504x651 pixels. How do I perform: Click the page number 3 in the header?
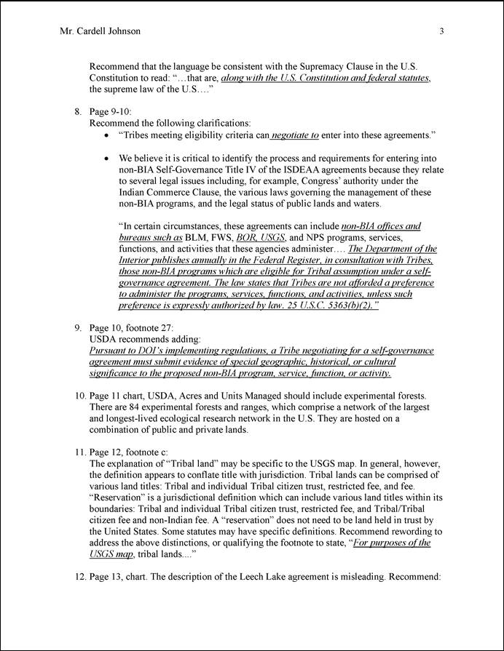[x=442, y=31]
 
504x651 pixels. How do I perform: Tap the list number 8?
[x=77, y=112]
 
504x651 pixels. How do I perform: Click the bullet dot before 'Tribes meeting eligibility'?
[x=107, y=135]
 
